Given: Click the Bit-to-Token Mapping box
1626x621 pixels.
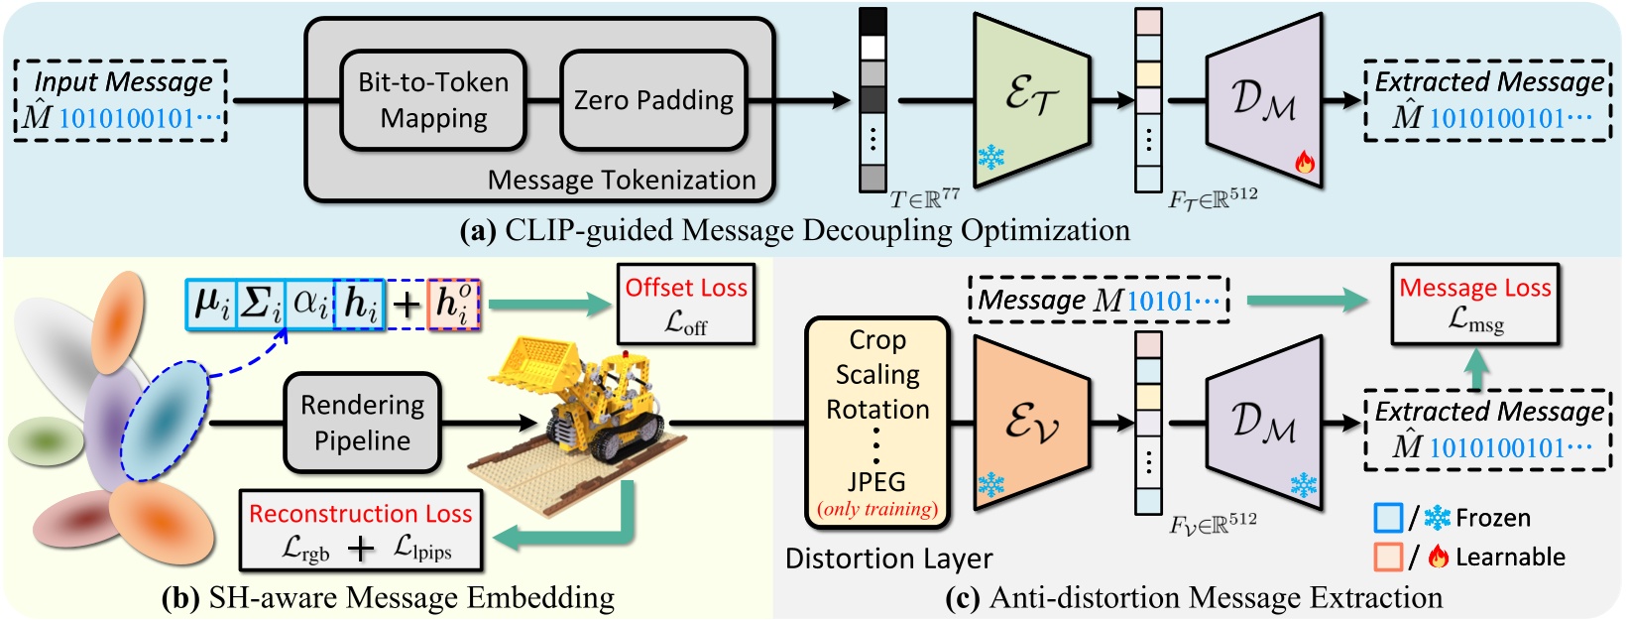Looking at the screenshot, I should pyautogui.click(x=433, y=99).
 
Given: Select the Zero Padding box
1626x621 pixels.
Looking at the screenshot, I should pyautogui.click(x=653, y=100).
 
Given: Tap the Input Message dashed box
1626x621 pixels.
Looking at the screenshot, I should pyautogui.click(x=122, y=100).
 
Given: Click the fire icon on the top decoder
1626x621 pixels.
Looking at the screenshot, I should pyautogui.click(x=1305, y=162).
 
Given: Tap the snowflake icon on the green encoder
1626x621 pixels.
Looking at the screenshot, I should pyautogui.click(x=990, y=157).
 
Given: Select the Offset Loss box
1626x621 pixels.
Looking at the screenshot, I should pyautogui.click(x=685, y=304).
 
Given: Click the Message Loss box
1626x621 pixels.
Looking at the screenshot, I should pyautogui.click(x=1474, y=304).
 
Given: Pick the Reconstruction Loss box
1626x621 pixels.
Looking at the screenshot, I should pyautogui.click(x=361, y=531).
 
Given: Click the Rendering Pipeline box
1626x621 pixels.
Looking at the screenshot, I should pyautogui.click(x=362, y=423).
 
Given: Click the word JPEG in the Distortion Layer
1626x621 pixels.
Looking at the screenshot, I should pyautogui.click(x=876, y=482).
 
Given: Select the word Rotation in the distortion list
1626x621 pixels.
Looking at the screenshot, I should pyautogui.click(x=877, y=409).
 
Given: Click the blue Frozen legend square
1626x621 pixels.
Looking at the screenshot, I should pyautogui.click(x=1388, y=518).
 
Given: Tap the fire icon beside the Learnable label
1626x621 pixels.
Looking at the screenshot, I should pyautogui.click(x=1439, y=558).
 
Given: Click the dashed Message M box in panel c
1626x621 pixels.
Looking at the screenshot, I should pyautogui.click(x=1098, y=300).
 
